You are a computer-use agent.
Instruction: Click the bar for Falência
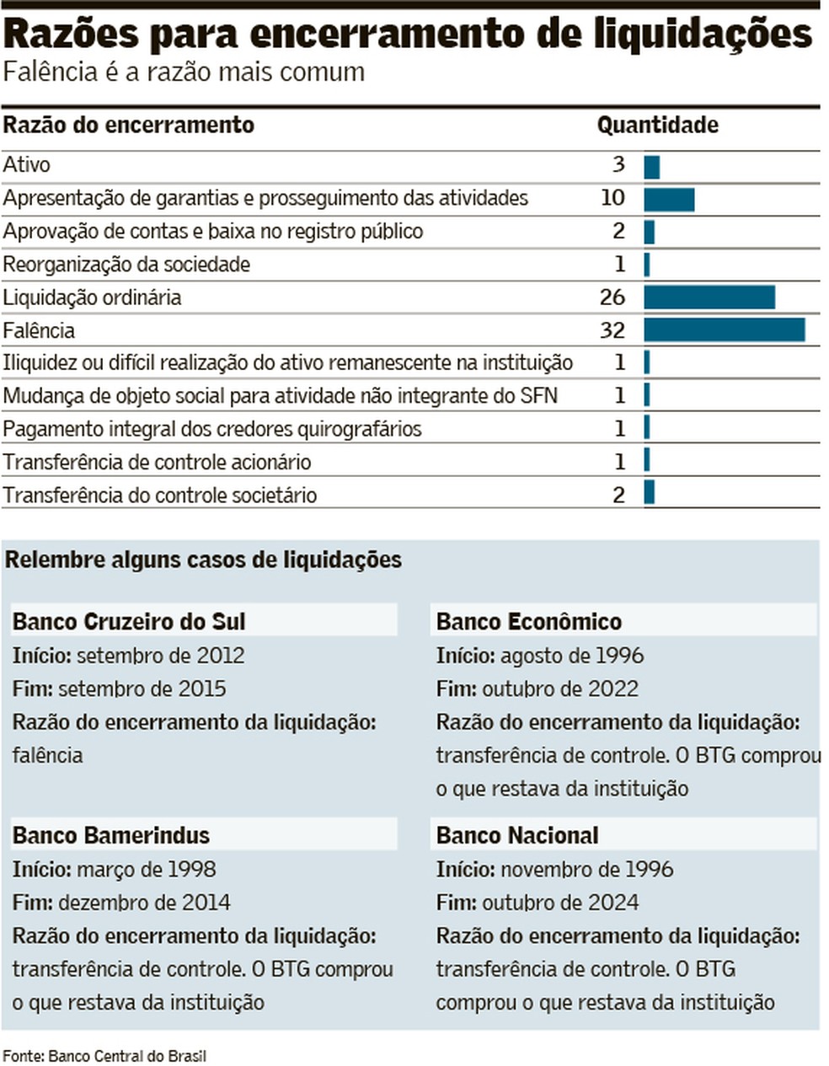(724, 329)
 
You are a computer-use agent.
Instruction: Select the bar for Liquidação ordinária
(709, 297)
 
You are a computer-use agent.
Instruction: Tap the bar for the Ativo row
(651, 166)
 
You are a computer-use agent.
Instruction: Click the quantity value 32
(612, 329)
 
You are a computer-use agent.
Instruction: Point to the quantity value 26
(612, 297)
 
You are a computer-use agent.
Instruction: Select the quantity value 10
(612, 197)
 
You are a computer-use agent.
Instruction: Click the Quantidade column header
(657, 126)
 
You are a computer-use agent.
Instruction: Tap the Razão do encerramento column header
(128, 126)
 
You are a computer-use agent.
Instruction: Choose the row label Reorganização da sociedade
(126, 265)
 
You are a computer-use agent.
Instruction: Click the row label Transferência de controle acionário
(157, 462)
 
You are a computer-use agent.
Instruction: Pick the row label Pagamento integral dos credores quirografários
(211, 429)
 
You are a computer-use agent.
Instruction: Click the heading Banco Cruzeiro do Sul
(129, 622)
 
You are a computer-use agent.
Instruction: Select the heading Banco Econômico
(528, 622)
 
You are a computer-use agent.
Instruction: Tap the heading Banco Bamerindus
(110, 835)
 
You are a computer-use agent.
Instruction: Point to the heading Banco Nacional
(516, 835)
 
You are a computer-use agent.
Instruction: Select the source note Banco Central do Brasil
(126, 1056)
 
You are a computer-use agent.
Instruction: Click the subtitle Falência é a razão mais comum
(184, 72)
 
